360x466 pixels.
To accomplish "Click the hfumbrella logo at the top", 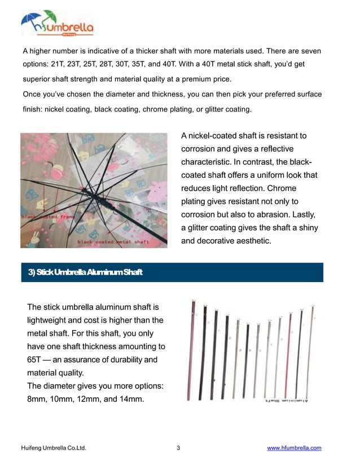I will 57,24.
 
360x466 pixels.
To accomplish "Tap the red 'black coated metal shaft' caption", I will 113,241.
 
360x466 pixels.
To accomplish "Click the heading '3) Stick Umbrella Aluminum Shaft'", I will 85,273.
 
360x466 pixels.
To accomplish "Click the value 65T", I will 37,360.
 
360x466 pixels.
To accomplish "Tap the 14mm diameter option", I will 134,399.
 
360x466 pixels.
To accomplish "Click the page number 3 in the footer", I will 178,448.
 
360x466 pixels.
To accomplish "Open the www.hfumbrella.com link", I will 294,448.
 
